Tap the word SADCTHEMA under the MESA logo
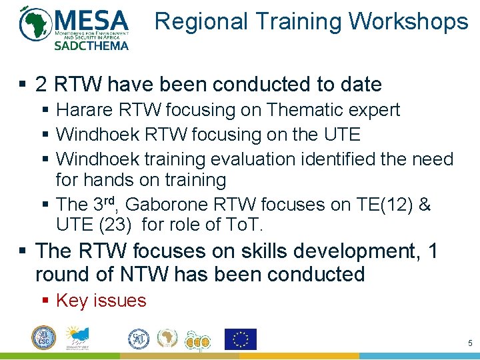click(x=91, y=46)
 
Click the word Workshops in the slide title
click(x=408, y=21)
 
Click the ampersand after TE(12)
click(x=425, y=204)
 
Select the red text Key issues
click(x=101, y=301)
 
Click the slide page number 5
click(x=470, y=343)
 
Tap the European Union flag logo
click(x=241, y=339)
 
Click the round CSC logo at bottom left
click(x=43, y=338)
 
